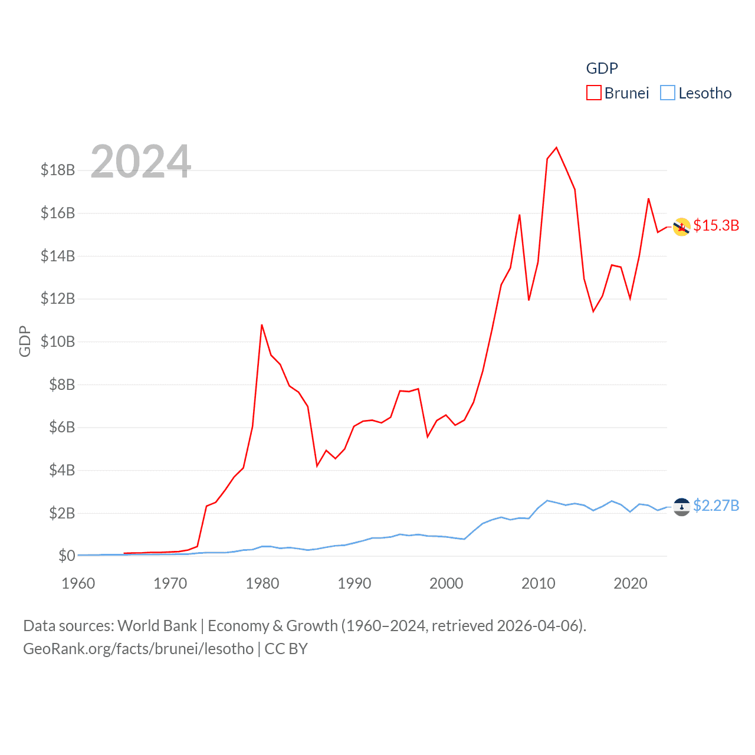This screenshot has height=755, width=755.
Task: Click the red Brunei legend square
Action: pos(593,93)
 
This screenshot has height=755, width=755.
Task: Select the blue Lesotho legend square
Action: pos(667,93)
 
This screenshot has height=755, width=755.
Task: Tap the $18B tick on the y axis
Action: pos(58,170)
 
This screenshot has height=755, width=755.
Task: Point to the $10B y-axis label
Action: pos(58,342)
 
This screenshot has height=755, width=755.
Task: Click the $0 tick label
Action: pos(67,556)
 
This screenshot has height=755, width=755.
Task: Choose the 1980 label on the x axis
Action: pos(262,584)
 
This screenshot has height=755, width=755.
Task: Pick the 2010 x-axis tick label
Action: pos(538,584)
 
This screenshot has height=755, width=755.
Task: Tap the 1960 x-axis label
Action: pos(78,584)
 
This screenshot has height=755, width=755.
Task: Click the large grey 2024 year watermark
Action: pos(140,162)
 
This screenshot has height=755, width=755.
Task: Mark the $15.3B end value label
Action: pos(716,226)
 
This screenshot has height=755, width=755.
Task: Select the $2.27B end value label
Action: pos(716,506)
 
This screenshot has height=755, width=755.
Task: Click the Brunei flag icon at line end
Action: pos(682,227)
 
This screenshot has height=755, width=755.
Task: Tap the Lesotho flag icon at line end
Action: pos(682,507)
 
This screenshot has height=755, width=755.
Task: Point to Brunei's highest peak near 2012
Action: pos(556,147)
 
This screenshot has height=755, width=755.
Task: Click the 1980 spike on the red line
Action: pos(262,325)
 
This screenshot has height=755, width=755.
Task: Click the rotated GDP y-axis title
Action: pos(25,341)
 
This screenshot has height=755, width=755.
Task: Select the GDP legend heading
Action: pos(602,68)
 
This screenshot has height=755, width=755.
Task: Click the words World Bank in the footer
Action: pos(157,626)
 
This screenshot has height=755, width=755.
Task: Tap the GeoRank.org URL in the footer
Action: pos(138,649)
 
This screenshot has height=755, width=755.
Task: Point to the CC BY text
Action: pos(286,649)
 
